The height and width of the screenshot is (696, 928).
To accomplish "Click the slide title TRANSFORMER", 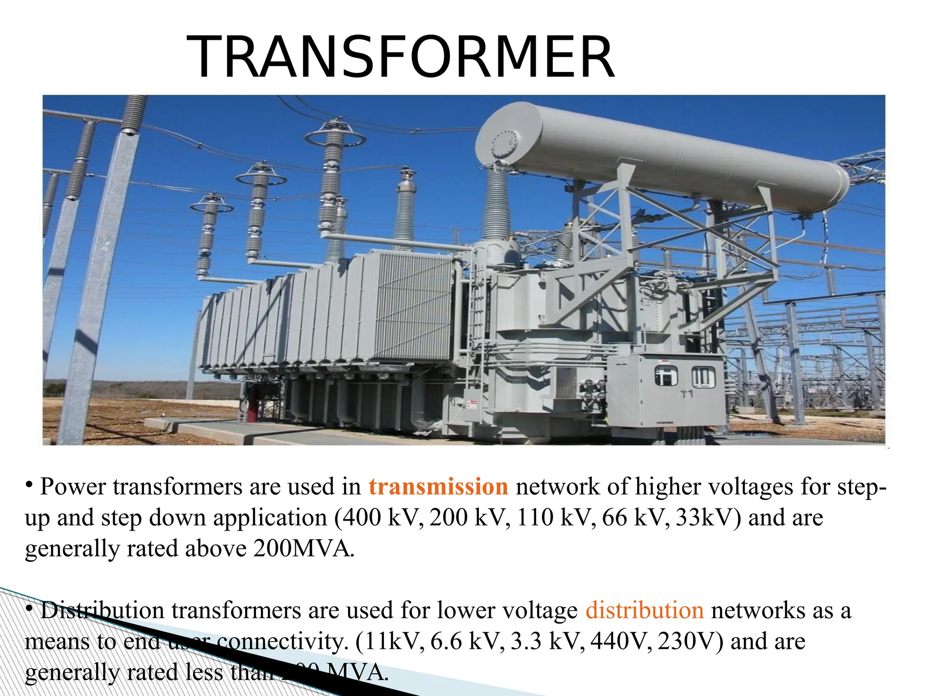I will pos(401,58).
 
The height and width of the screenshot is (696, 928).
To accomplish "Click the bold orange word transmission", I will pos(438,487).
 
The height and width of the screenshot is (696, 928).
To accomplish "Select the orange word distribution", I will pos(644,610).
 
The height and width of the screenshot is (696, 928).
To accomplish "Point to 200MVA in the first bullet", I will pos(302,548).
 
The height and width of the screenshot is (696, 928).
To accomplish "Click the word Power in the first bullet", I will pos(72,487).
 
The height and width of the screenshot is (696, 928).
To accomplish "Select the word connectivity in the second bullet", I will pos(281,641).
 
